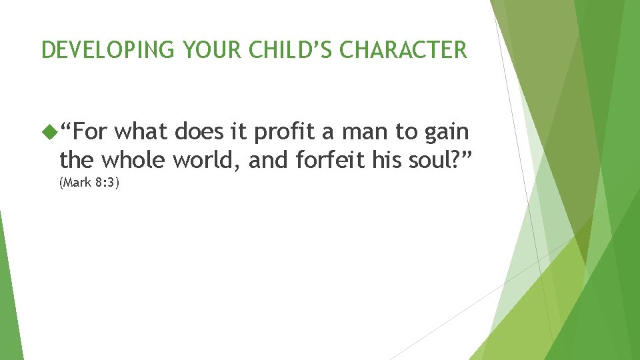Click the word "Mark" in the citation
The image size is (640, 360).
tap(77, 183)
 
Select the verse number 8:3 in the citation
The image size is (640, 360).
tap(107, 183)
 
